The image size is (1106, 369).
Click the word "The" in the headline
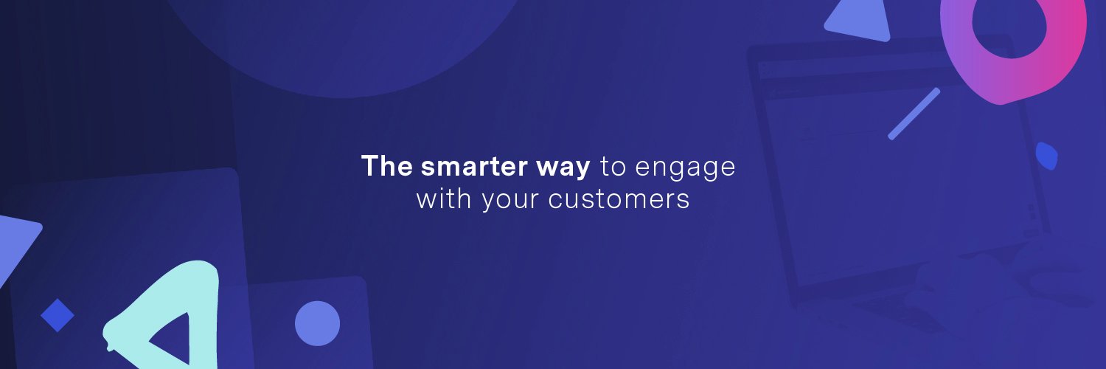[x=386, y=166]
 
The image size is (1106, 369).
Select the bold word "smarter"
[x=474, y=167]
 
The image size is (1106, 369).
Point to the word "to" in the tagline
[x=613, y=167]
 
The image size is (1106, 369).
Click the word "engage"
[x=685, y=168]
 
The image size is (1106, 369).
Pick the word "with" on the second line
[x=443, y=199]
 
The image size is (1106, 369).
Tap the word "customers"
[x=619, y=199]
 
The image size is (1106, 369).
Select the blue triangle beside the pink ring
[x=859, y=21]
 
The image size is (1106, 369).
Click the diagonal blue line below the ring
[x=914, y=114]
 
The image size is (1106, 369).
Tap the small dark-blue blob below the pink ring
[x=1046, y=156]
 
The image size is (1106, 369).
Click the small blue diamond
[x=58, y=315]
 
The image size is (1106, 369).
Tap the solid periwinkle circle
[x=318, y=323]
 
